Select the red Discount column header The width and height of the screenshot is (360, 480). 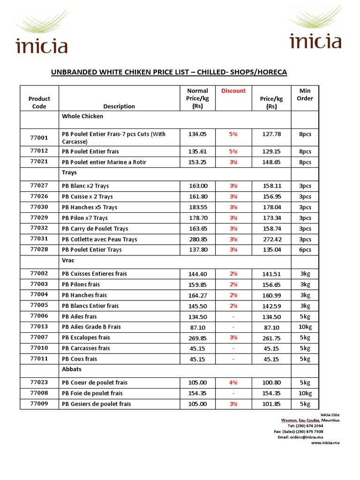click(233, 91)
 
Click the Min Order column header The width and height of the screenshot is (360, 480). click(305, 94)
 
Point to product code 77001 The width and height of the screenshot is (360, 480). click(39, 138)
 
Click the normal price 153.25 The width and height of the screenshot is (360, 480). click(197, 162)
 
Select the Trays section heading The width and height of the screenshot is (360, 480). click(69, 173)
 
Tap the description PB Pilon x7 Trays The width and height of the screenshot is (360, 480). click(85, 218)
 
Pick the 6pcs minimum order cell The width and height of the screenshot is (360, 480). click(305, 250)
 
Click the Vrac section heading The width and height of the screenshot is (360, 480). click(68, 260)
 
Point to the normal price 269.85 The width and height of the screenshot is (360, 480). click(197, 337)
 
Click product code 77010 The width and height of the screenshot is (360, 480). click(39, 348)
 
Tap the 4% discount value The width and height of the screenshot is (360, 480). click(233, 382)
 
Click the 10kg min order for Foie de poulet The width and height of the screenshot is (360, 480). click(305, 393)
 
